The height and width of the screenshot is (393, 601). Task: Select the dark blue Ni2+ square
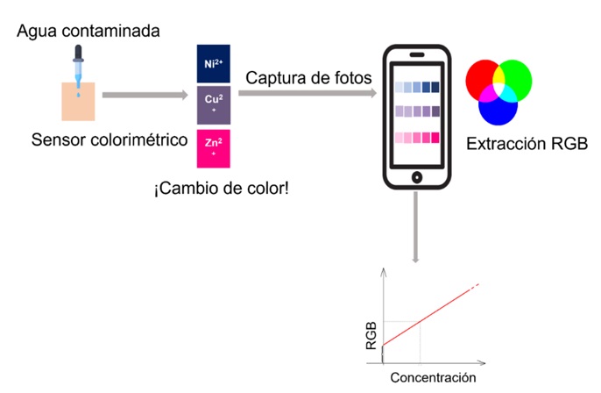coord(214,63)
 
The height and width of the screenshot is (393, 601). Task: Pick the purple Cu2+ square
coord(214,105)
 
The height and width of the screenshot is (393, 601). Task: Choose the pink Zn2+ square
coord(214,146)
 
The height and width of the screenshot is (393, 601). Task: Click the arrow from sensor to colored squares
coord(145,92)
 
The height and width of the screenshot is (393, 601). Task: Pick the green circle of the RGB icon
coord(515,79)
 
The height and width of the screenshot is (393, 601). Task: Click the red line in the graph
coord(429,315)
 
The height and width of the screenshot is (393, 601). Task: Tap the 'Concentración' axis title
coord(433,377)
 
